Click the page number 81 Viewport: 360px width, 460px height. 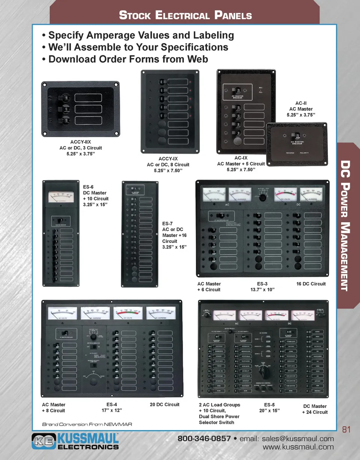pos(346,429)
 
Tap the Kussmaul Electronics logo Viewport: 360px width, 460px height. pos(75,441)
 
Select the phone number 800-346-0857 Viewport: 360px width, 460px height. pos(204,439)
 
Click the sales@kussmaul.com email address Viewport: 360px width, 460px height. pos(292,439)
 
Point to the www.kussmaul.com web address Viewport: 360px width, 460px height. pos(298,447)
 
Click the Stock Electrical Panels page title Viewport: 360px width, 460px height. pos(185,16)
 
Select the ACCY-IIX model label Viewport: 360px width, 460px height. pos(81,142)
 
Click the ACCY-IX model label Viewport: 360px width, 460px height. pos(168,159)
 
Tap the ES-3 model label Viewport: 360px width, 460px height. pos(262,284)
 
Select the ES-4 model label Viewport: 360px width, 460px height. pos(112,405)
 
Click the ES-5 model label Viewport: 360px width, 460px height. pos(269,405)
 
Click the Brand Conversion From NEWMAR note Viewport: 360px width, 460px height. pos(87,424)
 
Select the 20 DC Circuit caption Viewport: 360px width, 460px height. pos(165,405)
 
